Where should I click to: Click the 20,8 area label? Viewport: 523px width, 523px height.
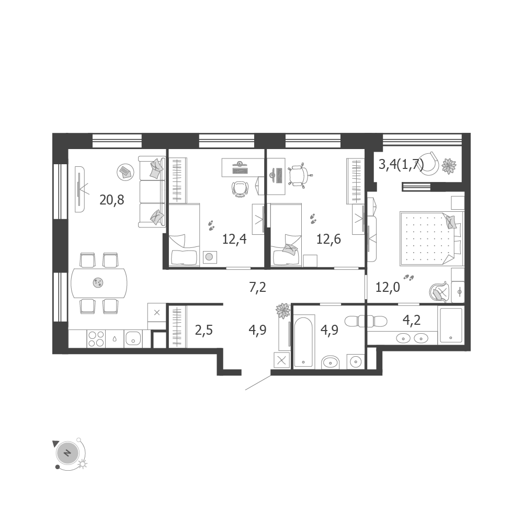tap(112, 200)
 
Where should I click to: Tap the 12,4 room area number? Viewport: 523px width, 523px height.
tap(234, 239)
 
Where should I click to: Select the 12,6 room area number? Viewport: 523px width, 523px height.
tap(328, 239)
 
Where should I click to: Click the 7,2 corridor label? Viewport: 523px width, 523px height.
tap(257, 287)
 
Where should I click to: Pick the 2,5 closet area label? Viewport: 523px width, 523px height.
tap(204, 330)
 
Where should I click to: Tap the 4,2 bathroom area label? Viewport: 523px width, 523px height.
tap(412, 320)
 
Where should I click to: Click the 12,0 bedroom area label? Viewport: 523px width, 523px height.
tap(388, 287)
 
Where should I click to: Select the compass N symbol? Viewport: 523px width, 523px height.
tap(67, 453)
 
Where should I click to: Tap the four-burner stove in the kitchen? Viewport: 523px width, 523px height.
tap(96, 339)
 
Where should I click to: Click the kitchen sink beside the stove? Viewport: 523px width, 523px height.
tap(133, 339)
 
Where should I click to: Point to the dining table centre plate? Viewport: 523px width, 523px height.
tap(98, 283)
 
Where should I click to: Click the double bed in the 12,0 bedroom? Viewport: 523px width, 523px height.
tap(431, 238)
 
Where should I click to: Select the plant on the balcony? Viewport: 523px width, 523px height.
tap(449, 166)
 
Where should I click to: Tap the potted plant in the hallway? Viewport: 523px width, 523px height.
tap(283, 311)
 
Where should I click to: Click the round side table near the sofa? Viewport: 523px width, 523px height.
tap(126, 172)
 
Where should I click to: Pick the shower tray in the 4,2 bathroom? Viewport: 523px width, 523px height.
tap(451, 325)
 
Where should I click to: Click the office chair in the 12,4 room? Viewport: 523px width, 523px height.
tap(240, 188)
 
